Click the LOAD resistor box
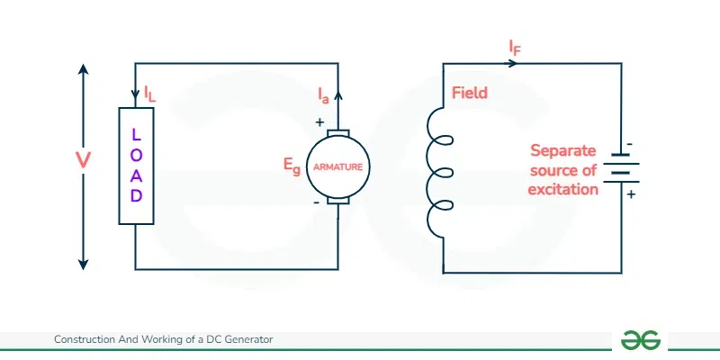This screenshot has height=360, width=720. tap(136, 165)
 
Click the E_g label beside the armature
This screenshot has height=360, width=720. tap(291, 166)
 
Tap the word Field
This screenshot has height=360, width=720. tap(470, 93)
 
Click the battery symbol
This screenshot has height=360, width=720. tap(621, 167)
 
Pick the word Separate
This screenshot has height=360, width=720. tap(564, 150)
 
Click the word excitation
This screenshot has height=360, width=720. tap(564, 189)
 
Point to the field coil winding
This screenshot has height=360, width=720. tap(439, 168)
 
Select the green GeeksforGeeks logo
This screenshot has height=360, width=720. tap(642, 339)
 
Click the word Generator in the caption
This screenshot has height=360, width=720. tap(248, 339)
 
